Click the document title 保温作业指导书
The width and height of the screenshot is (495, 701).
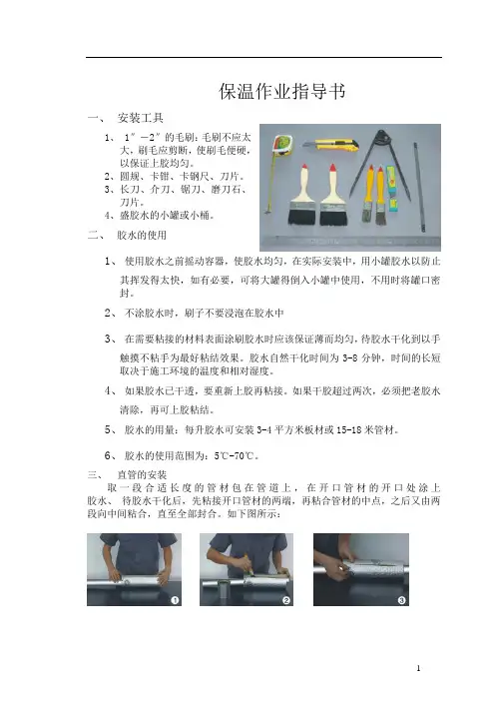pyautogui.click(x=282, y=91)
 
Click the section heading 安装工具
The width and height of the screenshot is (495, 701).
pyautogui.click(x=141, y=118)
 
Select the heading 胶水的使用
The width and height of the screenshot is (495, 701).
pyautogui.click(x=142, y=235)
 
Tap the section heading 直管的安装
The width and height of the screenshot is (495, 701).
pyautogui.click(x=142, y=474)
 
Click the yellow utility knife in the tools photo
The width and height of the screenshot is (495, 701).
pyautogui.click(x=331, y=145)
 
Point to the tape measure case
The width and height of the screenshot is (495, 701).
pyautogui.click(x=282, y=145)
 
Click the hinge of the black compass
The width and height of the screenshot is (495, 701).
pyautogui.click(x=381, y=136)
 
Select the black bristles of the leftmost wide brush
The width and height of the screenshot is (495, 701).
pyautogui.click(x=301, y=217)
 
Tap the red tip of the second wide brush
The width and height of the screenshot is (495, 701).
pyautogui.click(x=332, y=168)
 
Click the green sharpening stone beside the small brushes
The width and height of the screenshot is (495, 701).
pyautogui.click(x=392, y=189)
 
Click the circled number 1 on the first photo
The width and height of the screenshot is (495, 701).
pyautogui.click(x=175, y=600)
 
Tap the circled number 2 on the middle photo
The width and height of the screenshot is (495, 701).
pyautogui.click(x=286, y=600)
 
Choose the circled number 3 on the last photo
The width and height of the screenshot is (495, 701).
pyautogui.click(x=401, y=600)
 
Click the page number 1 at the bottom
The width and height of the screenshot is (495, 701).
pyautogui.click(x=418, y=668)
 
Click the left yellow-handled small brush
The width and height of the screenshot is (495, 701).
pyautogui.click(x=368, y=194)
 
